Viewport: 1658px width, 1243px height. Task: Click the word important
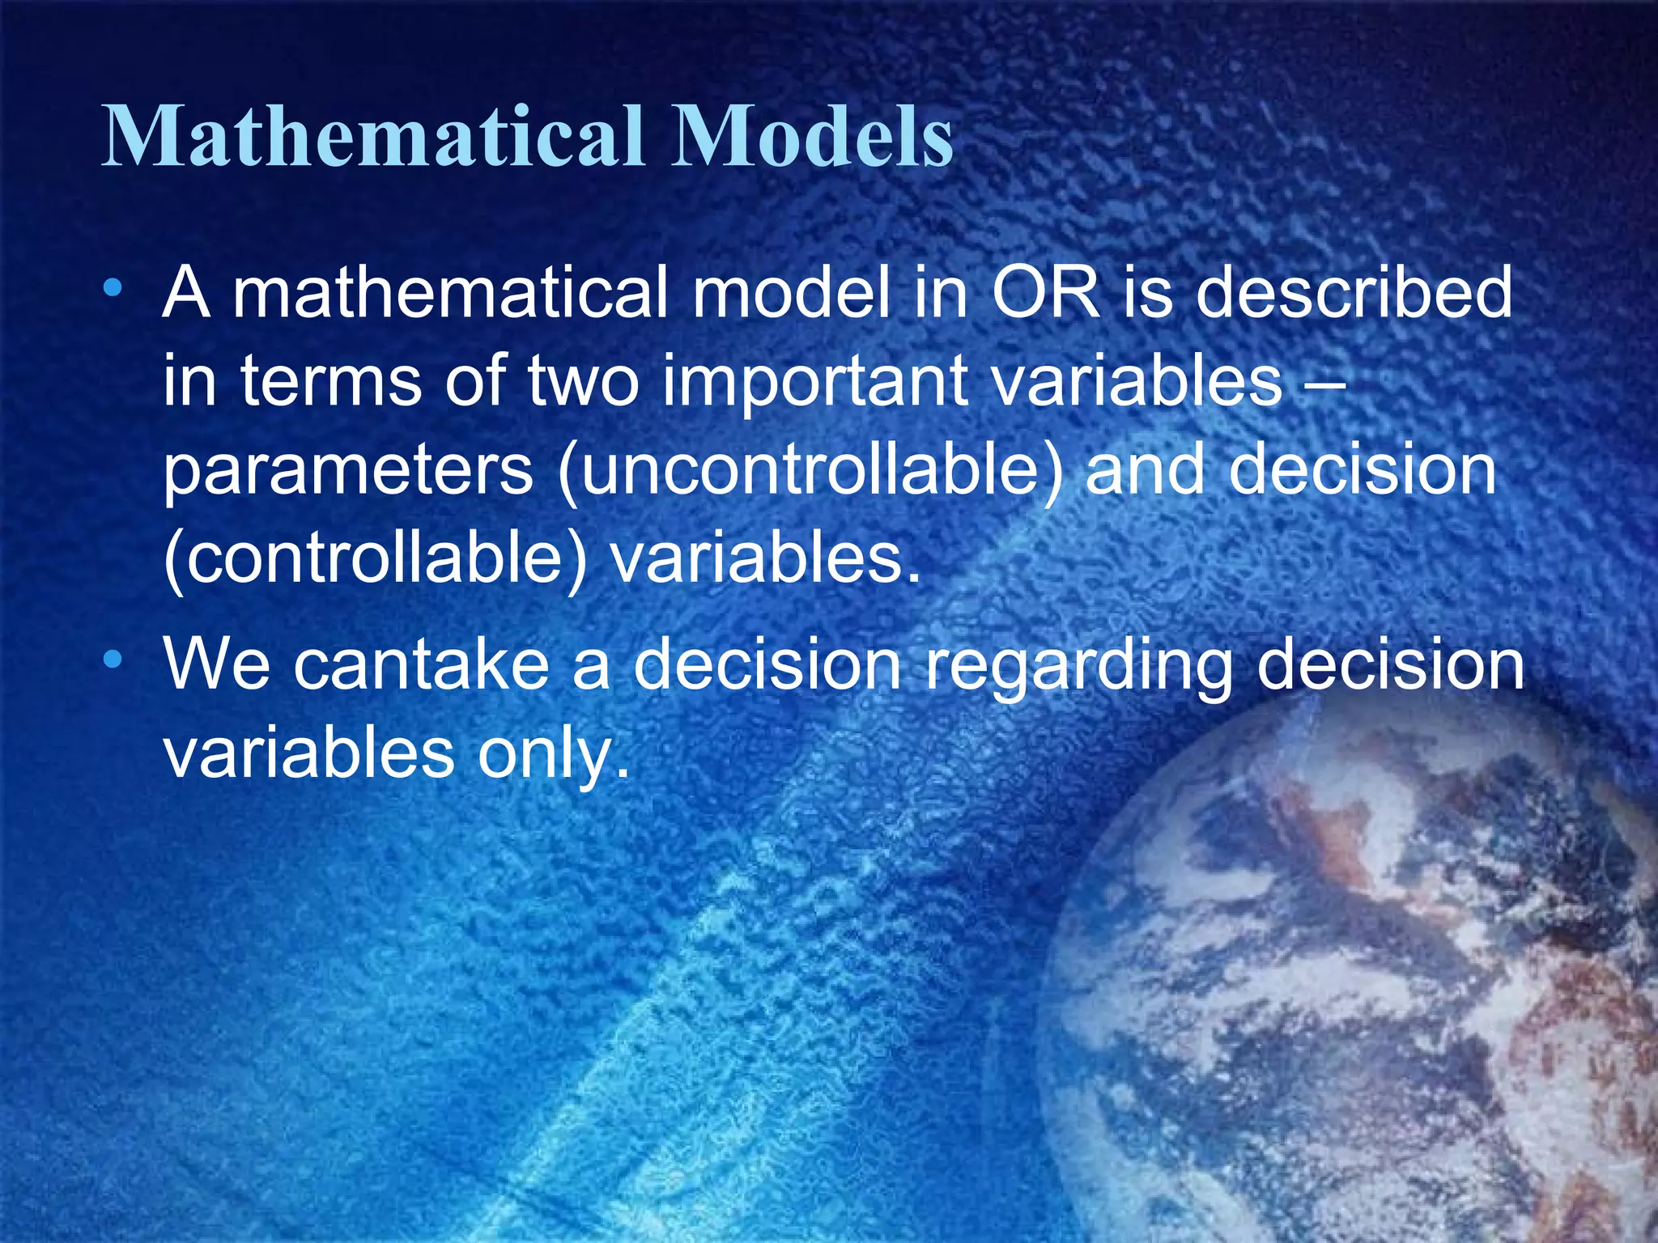click(x=814, y=382)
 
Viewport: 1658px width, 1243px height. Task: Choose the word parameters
click(x=348, y=471)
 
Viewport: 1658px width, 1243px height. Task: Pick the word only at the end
click(x=554, y=754)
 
